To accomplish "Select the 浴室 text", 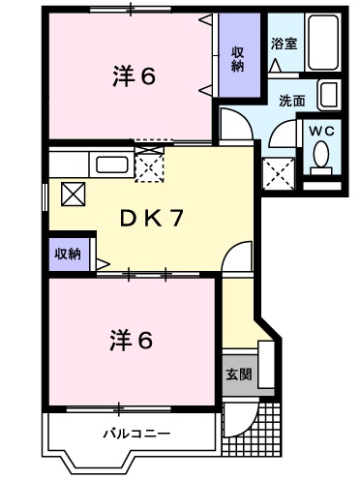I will click(284, 44).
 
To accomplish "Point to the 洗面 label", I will click(292, 100).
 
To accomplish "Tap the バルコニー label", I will click(135, 433).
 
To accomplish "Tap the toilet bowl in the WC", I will click(322, 154).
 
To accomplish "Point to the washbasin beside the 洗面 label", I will click(328, 96).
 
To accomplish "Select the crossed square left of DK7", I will click(74, 193).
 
